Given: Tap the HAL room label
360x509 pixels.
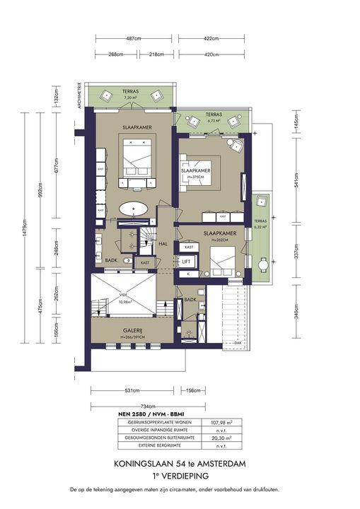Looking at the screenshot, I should tap(162, 243).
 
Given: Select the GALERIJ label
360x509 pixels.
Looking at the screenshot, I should tap(132, 331).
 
